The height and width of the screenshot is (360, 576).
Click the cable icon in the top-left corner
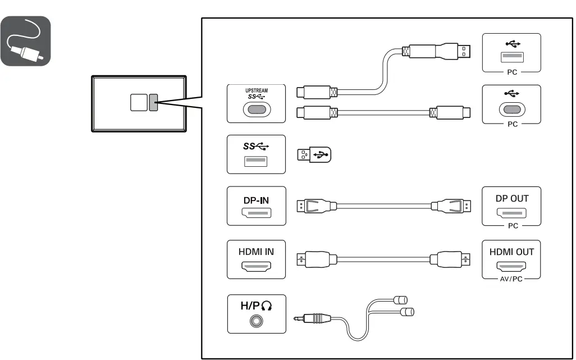(26, 41)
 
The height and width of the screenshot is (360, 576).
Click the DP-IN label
(255, 199)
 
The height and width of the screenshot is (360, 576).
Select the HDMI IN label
(255, 252)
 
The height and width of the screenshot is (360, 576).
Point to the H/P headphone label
(255, 306)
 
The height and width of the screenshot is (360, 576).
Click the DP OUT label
(511, 199)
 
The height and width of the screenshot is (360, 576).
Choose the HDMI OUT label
(511, 252)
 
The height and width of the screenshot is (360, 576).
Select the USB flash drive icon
(314, 155)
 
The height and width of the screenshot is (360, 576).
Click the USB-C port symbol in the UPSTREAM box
(255, 110)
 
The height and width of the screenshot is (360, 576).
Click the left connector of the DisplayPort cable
(308, 206)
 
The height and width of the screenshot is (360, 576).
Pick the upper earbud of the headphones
(402, 299)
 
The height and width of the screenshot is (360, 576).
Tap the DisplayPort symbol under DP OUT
(511, 213)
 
